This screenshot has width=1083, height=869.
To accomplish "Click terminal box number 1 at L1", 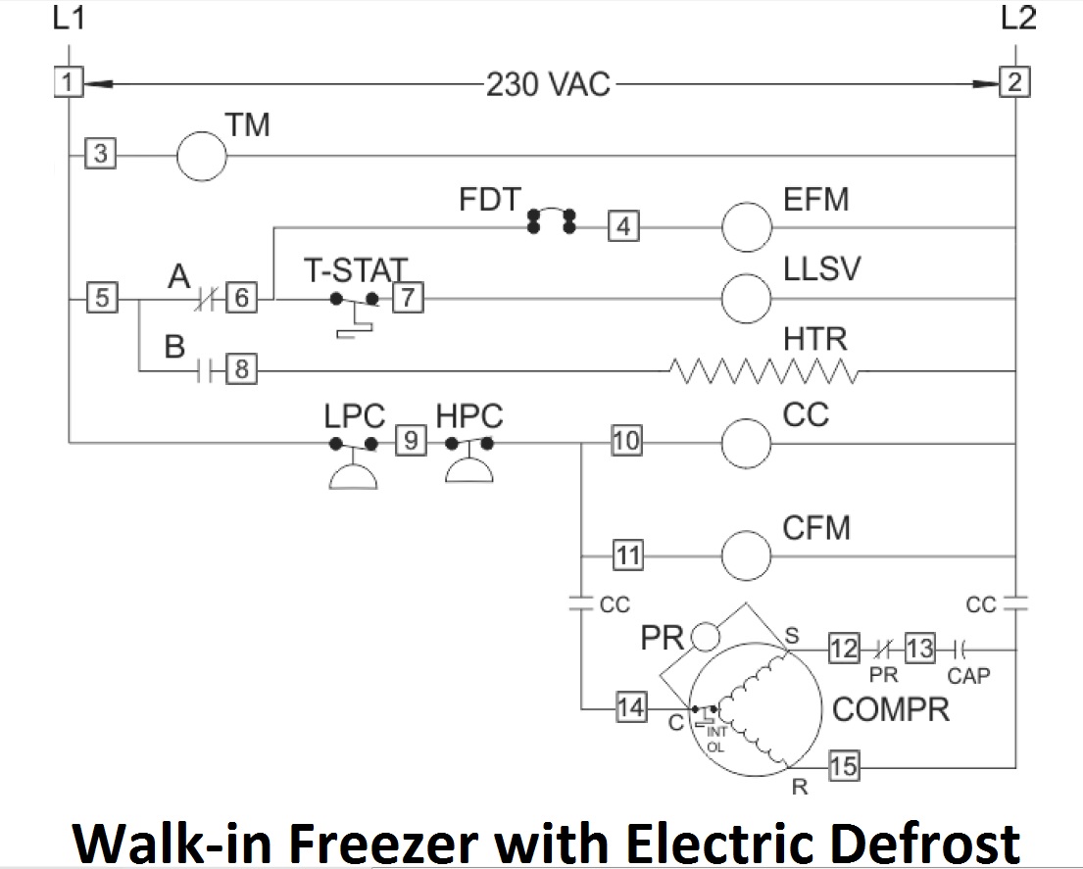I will (x=67, y=82).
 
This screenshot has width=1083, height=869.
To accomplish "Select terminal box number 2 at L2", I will (x=1014, y=82).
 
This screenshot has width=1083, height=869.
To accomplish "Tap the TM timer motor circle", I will (x=202, y=155).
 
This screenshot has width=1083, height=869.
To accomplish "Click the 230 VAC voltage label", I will (x=547, y=84).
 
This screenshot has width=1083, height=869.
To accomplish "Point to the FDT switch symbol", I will (x=551, y=221).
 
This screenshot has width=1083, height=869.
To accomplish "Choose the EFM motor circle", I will (x=747, y=227).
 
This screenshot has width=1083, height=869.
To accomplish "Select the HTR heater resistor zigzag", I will (x=764, y=371).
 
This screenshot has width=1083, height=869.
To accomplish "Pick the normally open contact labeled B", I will (x=204, y=371).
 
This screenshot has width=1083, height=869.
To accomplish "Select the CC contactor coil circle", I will (x=747, y=444).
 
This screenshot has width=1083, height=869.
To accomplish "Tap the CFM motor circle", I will (x=747, y=556).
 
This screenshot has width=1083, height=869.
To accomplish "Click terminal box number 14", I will (x=630, y=707).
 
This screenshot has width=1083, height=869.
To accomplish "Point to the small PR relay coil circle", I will (x=703, y=638).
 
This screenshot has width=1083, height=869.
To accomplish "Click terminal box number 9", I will (x=411, y=443).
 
